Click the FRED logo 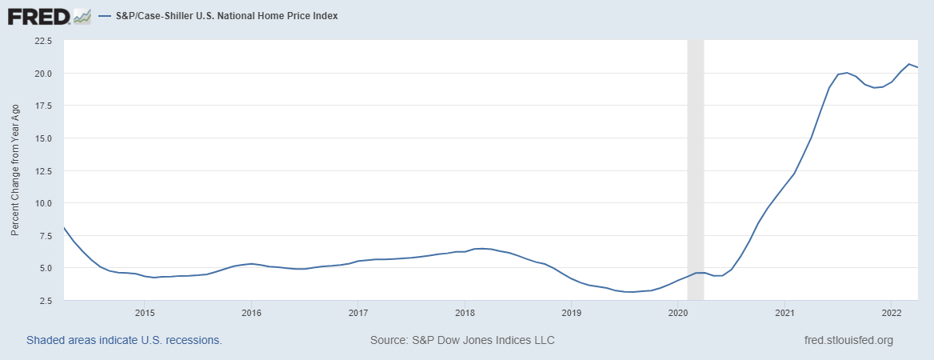(38, 15)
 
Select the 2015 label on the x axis (144, 312)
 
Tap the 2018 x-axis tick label (465, 312)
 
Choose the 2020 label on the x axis (678, 312)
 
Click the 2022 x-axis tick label (892, 312)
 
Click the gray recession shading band (696, 160)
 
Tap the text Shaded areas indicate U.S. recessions (124, 340)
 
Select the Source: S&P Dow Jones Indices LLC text (462, 340)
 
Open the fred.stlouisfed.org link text (848, 340)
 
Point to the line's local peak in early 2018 (481, 249)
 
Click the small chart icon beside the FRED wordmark (82, 15)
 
